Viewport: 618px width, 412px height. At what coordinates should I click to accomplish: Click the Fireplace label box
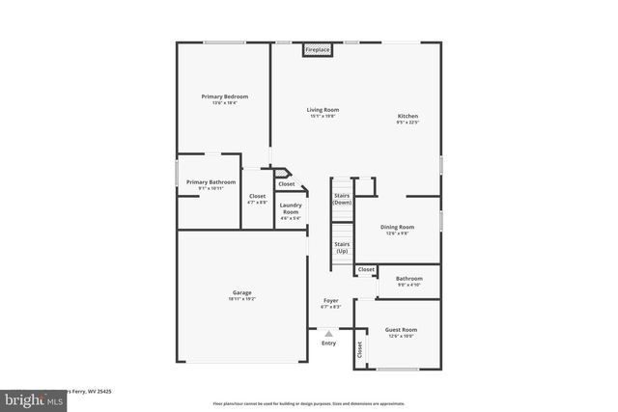pos(317,49)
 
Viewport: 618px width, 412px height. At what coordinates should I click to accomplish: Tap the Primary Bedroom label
pos(225,96)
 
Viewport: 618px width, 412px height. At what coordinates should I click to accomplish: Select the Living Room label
pos(323,110)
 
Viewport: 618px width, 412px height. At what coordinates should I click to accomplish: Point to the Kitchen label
pos(407,116)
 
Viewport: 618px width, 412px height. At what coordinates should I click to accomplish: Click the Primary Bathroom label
pos(211,181)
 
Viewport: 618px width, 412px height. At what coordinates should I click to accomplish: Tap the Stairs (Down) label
pos(342,199)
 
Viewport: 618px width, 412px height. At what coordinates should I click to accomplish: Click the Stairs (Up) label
pos(342,247)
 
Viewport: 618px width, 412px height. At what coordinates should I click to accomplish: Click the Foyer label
pos(330,301)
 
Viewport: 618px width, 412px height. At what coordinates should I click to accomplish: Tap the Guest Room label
pos(401,329)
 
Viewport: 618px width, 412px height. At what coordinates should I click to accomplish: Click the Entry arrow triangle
pos(328,334)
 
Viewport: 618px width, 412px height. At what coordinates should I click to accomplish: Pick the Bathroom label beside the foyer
pos(409,278)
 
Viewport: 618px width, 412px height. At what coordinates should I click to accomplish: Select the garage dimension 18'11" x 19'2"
pos(242,299)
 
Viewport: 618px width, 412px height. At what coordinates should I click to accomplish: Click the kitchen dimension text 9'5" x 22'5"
pos(407,123)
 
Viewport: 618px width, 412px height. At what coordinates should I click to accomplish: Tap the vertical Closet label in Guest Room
pos(360,351)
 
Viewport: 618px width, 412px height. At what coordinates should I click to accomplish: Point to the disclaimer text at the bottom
pos(309,403)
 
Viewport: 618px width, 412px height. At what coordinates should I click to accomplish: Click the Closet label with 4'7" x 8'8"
pos(257,196)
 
